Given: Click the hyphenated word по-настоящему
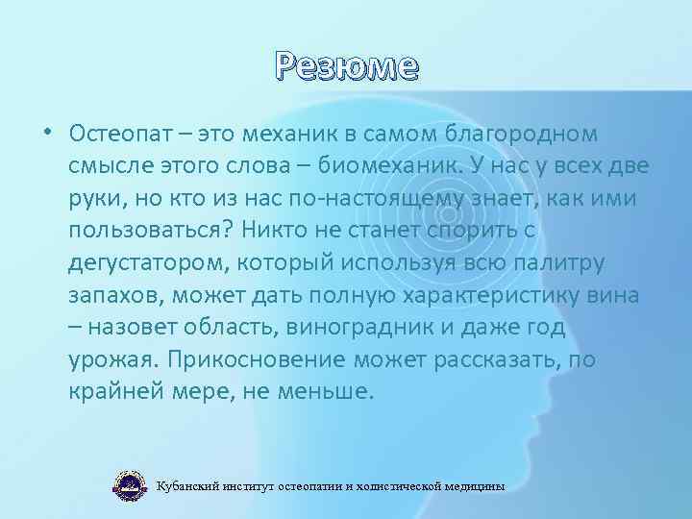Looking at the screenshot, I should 365,198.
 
